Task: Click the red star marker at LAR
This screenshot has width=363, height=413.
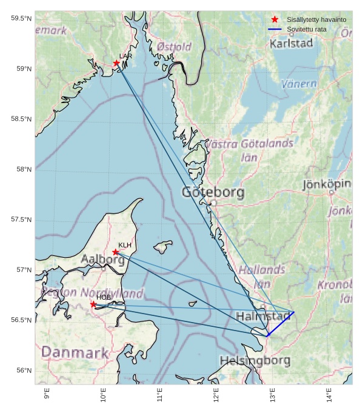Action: tap(116, 63)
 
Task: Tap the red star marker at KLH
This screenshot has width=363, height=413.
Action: tap(116, 252)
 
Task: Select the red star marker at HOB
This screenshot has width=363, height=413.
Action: tap(93, 304)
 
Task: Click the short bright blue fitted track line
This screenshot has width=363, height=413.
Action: tap(280, 324)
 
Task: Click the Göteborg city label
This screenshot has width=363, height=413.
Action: tap(213, 193)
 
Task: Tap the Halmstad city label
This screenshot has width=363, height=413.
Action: tap(264, 317)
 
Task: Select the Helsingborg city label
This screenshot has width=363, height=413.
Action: tap(255, 360)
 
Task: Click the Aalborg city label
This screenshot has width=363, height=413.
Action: tap(102, 260)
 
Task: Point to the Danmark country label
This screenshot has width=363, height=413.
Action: tap(75, 352)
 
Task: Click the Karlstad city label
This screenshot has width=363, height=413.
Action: tap(291, 44)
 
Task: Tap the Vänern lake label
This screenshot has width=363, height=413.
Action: tap(299, 84)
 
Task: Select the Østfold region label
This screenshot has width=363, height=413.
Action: tap(174, 47)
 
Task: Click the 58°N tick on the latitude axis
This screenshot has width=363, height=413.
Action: tap(21, 169)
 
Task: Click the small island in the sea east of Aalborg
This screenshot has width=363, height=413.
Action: tap(162, 246)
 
